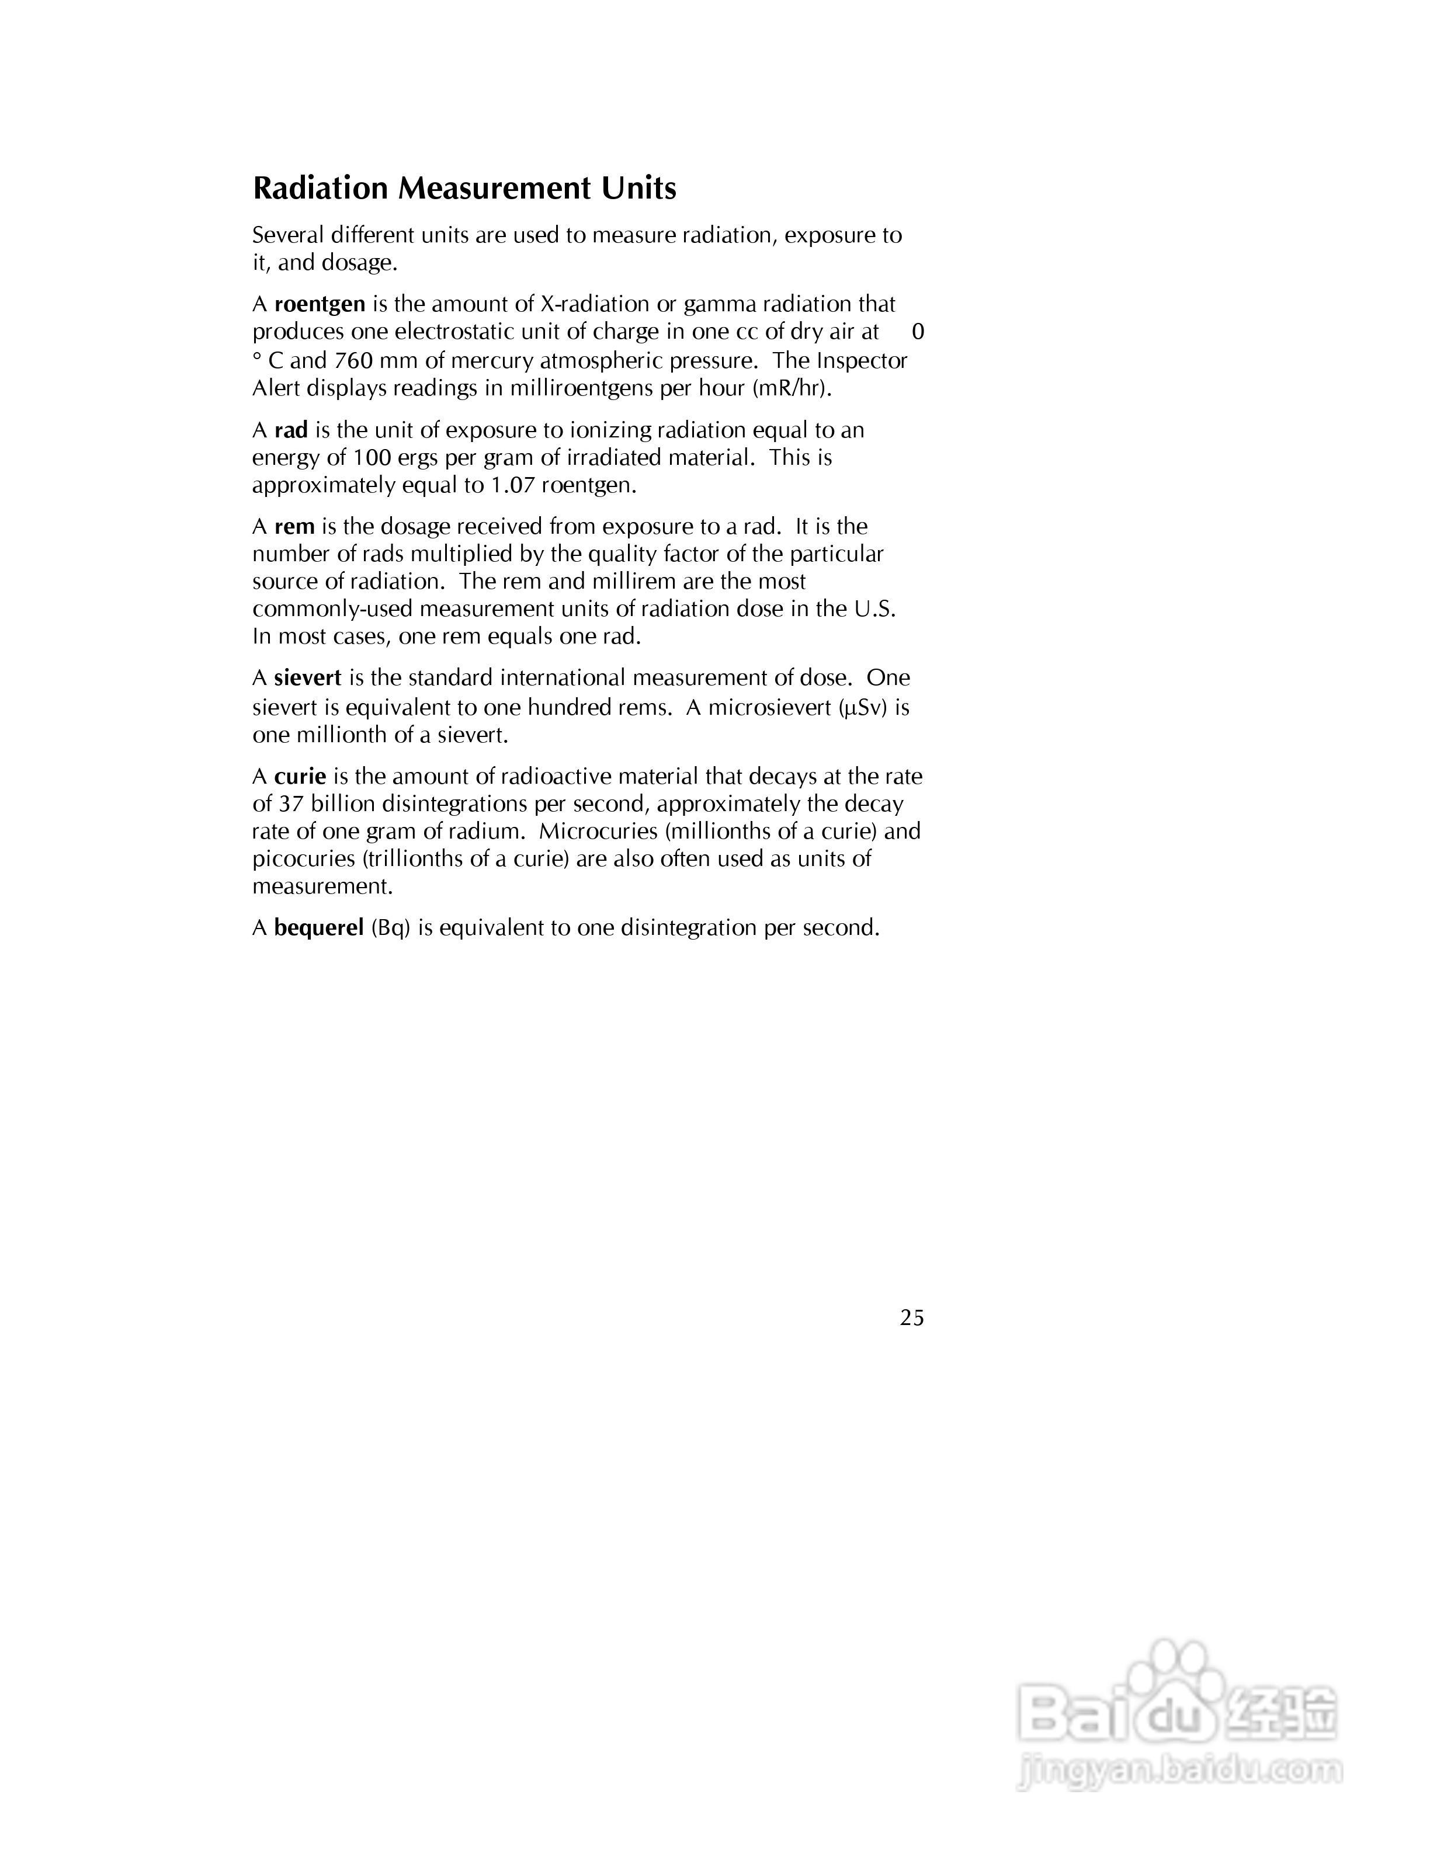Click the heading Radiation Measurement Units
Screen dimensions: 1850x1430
point(464,188)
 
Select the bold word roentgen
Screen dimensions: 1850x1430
point(320,304)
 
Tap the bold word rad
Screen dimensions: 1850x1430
point(290,430)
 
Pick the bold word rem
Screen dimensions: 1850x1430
point(294,527)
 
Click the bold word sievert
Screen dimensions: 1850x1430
point(307,677)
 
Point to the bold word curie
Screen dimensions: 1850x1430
point(300,777)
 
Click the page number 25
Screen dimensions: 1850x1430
point(911,1318)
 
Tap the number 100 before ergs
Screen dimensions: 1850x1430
point(372,458)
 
